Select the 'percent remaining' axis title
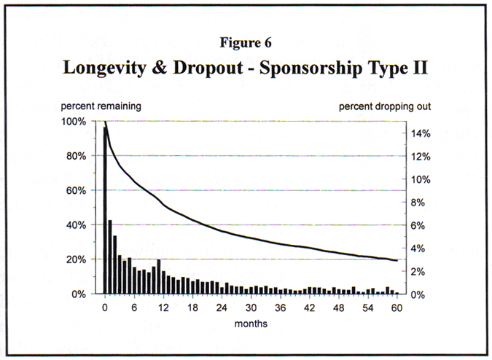pyautogui.click(x=101, y=106)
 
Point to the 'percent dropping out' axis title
pyautogui.click(x=385, y=106)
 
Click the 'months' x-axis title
pyautogui.click(x=250, y=323)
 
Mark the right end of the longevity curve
pyautogui.click(x=396, y=260)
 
